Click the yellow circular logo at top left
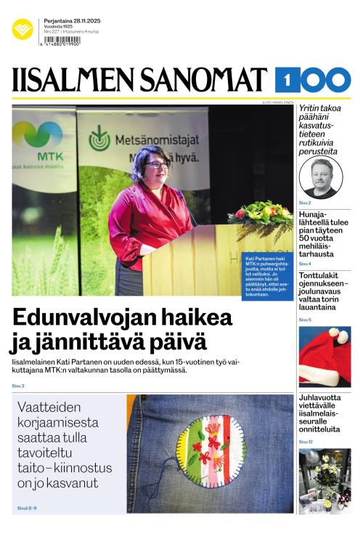23,29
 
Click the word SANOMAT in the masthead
205,80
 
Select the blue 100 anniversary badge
313,80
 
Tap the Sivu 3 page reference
18,386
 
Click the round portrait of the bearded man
320,177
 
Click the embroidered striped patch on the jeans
205,450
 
